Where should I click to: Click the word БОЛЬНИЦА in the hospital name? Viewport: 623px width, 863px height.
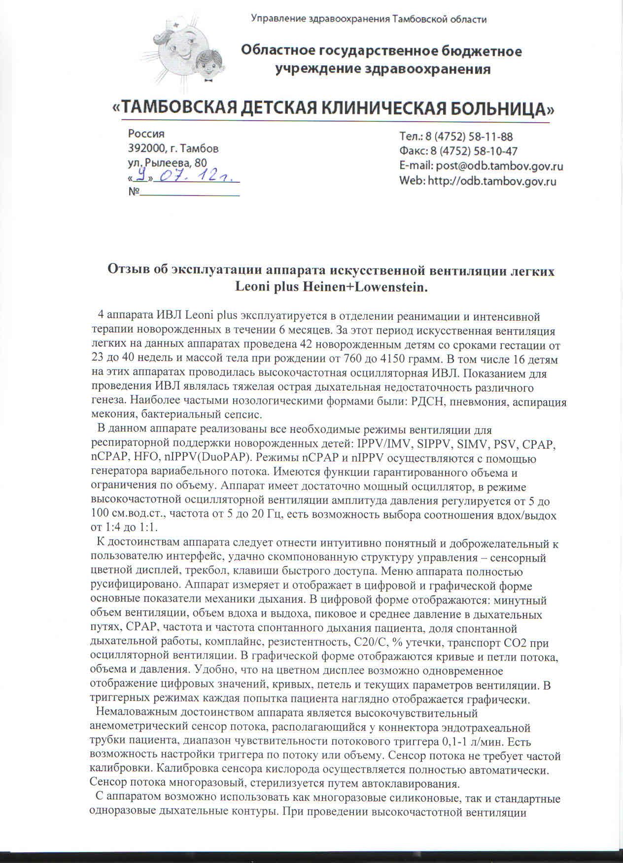[x=495, y=108]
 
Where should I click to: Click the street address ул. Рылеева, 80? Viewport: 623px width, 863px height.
[x=167, y=163]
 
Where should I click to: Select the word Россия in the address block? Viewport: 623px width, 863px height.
[x=146, y=133]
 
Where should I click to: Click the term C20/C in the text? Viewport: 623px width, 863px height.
[x=382, y=643]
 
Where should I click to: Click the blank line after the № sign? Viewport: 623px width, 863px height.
[x=190, y=193]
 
